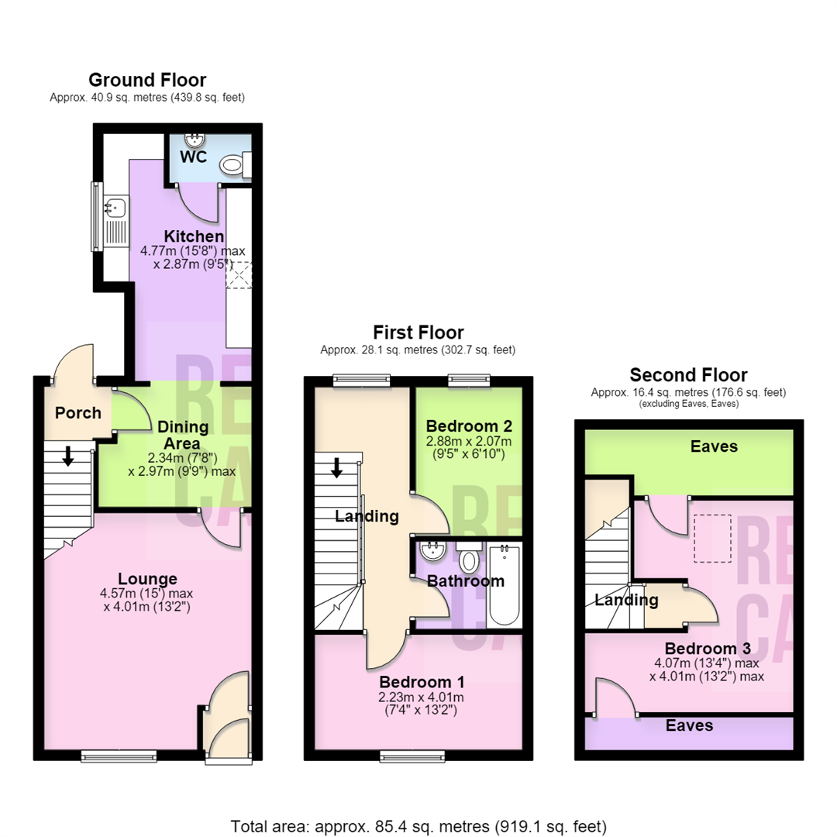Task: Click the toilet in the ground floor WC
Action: point(236,164)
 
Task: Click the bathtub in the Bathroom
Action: point(504,584)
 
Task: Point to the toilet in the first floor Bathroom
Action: point(469,557)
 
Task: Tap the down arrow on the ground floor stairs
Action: point(67,456)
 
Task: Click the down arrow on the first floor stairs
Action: point(336,467)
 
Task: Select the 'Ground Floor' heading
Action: point(147,80)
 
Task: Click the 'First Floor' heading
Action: point(418,332)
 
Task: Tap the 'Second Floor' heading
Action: point(689,375)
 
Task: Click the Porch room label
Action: point(78,412)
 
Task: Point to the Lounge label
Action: point(147,579)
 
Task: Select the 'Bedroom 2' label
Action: point(469,426)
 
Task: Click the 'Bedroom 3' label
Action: point(708,649)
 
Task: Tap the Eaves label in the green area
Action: point(714,446)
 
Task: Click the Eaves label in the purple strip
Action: point(689,725)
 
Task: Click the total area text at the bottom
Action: point(418,826)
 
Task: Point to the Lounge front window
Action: point(119,756)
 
